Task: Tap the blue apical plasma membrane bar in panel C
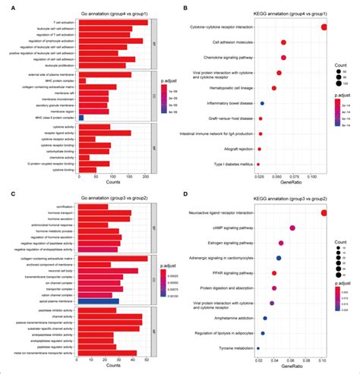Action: click(99, 300)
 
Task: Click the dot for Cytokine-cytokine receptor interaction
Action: click(324, 28)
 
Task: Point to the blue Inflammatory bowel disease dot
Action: click(262, 103)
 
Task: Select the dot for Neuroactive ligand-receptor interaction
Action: click(324, 213)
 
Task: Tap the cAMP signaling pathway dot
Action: click(292, 228)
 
